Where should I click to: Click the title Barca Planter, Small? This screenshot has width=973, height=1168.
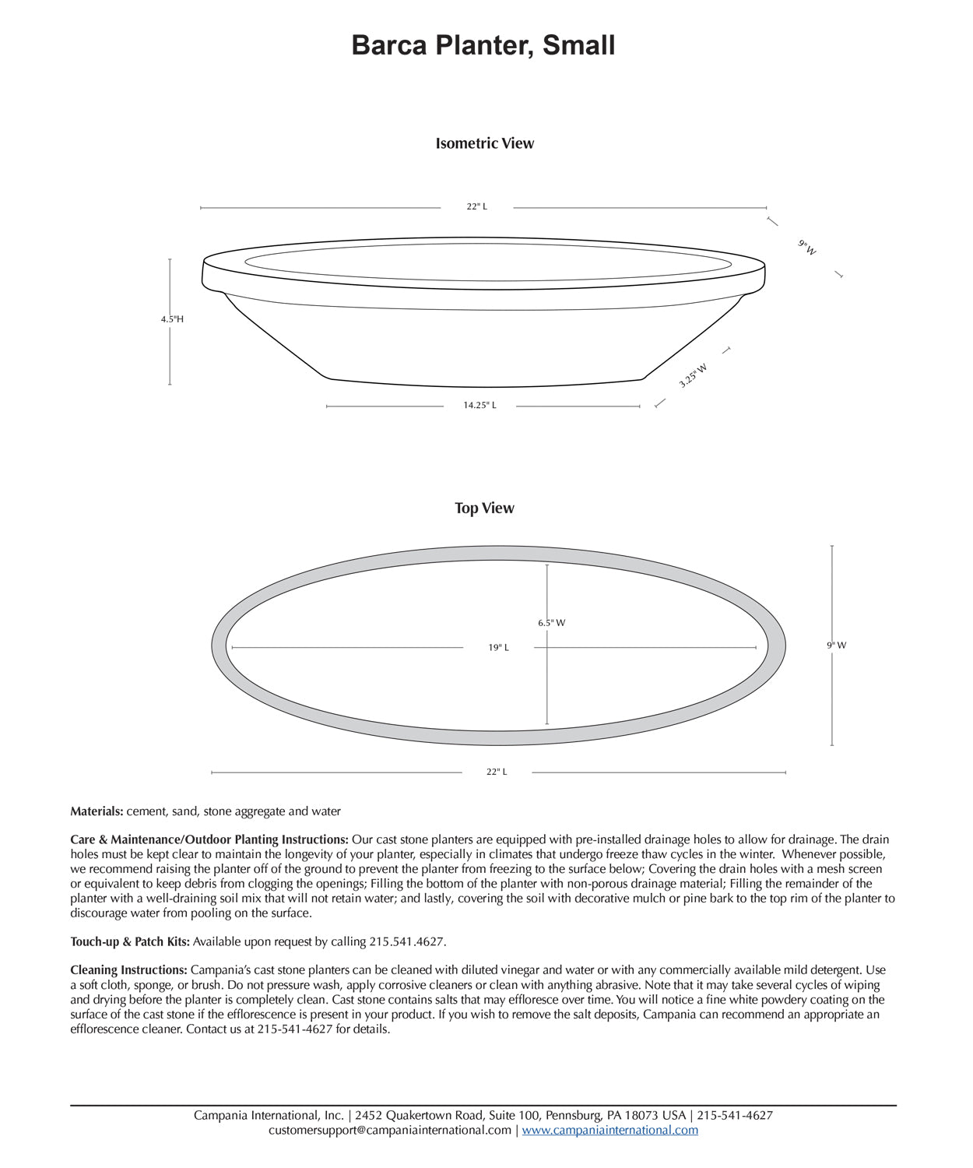click(483, 45)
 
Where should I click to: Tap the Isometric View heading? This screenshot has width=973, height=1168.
click(484, 143)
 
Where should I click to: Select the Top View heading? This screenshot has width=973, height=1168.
click(484, 508)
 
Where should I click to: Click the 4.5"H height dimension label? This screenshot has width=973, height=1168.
click(172, 319)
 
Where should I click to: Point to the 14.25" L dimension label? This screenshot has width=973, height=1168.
click(479, 406)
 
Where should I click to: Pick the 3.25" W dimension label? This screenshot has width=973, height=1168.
click(692, 375)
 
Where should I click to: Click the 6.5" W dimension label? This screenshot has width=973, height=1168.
click(551, 623)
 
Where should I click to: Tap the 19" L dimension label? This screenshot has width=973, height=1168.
click(498, 648)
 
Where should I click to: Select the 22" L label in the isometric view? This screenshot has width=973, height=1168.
click(476, 207)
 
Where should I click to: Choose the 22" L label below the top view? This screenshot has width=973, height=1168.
click(497, 772)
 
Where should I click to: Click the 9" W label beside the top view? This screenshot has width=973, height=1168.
click(836, 646)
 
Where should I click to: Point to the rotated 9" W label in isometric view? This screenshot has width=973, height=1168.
click(807, 248)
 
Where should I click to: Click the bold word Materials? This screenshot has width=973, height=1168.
click(97, 811)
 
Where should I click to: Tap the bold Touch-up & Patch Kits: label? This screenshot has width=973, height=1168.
click(130, 941)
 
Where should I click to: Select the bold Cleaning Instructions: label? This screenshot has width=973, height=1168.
click(128, 970)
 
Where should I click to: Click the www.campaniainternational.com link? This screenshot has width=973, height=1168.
click(609, 1130)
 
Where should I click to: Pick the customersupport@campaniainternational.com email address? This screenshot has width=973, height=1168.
click(390, 1130)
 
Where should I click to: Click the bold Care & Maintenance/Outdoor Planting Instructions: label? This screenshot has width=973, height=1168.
click(209, 839)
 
